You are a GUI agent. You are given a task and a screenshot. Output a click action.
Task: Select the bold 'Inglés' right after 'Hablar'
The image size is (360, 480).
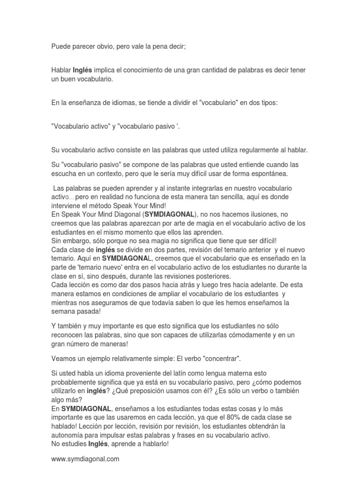point(82,70)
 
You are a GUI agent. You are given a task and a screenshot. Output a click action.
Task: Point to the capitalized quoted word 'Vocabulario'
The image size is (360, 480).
point(70,127)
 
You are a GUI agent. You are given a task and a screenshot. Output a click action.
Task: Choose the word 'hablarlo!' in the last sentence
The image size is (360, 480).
point(154,444)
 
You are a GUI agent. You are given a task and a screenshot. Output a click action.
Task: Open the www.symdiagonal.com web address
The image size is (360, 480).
point(85,459)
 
